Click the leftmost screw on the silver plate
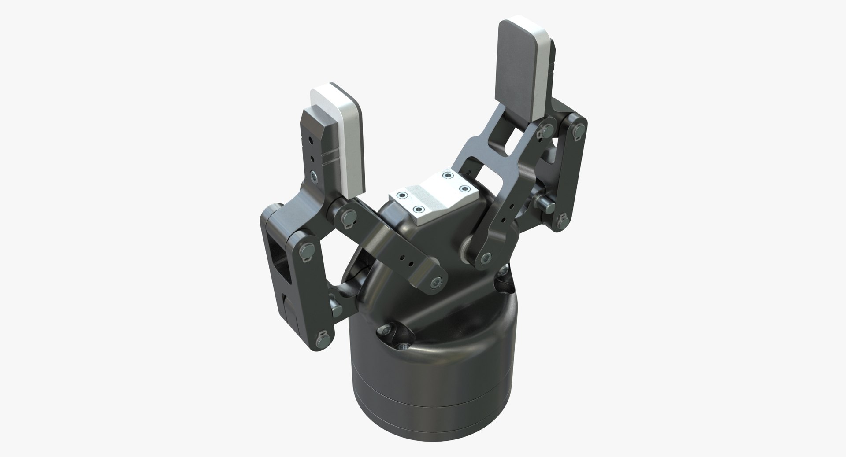(x=401, y=195)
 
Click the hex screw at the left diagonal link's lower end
(x=436, y=283)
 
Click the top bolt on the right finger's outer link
(x=579, y=129)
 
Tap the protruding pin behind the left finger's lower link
(x=334, y=304)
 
